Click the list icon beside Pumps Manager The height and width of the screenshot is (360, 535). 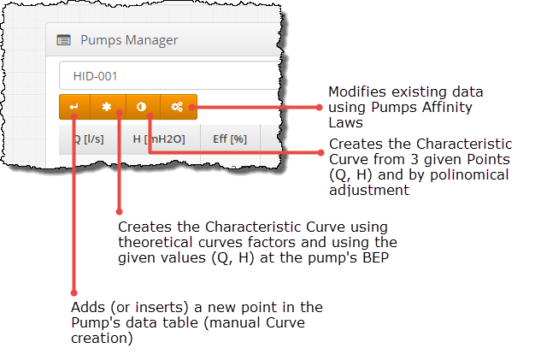pos(63,39)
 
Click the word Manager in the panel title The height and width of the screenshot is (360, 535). pos(150,39)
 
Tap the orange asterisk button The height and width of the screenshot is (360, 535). pos(107,108)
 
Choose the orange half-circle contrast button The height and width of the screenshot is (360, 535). pos(142,108)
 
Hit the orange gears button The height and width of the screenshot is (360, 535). pos(178,108)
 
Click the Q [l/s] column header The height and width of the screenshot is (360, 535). pos(87,139)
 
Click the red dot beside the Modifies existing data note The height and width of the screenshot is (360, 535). pos(318,108)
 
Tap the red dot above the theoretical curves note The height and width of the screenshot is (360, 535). pos(119,210)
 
